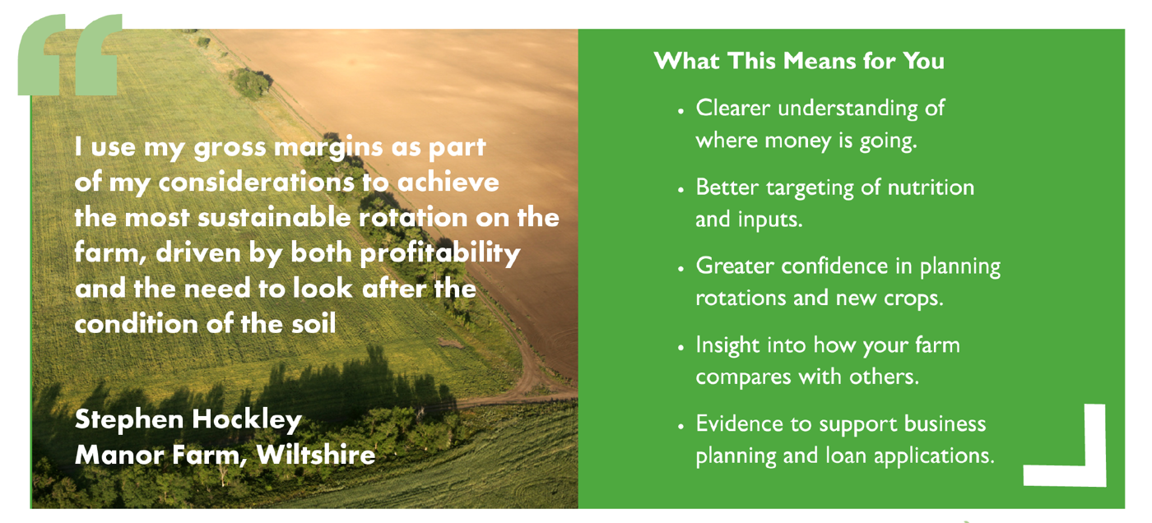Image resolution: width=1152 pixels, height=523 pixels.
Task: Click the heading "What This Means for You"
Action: (799, 61)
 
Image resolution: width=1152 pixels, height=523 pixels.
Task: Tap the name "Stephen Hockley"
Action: (188, 419)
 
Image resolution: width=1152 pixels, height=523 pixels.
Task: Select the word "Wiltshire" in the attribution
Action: (316, 455)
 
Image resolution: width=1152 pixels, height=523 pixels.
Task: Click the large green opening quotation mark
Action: (70, 54)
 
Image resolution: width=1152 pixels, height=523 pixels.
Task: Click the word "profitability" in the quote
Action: (440, 253)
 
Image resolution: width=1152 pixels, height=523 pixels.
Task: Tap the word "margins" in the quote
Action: (328, 148)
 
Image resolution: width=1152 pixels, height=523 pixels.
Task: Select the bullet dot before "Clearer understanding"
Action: (681, 110)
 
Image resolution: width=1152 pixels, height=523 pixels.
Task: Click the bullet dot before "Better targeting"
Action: (681, 190)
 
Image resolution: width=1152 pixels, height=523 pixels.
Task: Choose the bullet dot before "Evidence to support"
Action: (681, 426)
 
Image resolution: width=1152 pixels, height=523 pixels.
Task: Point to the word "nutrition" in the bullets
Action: (931, 187)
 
